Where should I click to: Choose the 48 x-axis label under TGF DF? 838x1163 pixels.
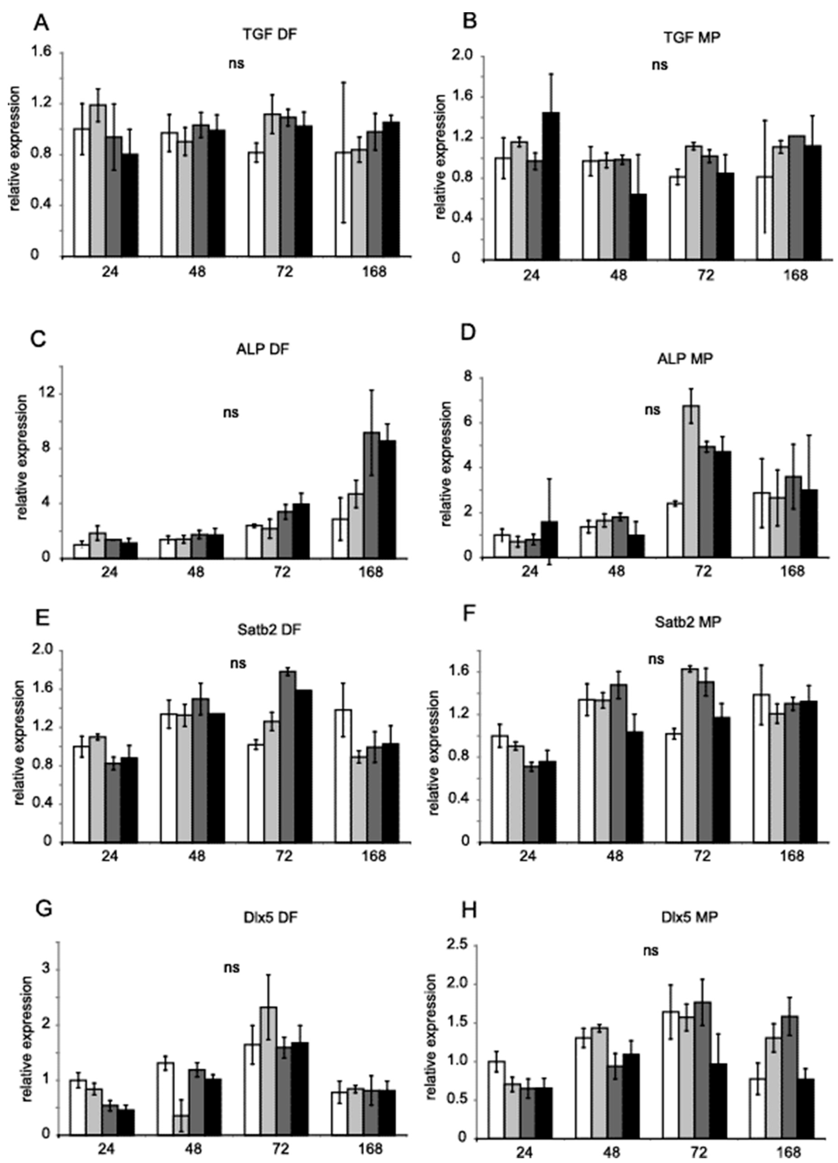pos(197,271)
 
